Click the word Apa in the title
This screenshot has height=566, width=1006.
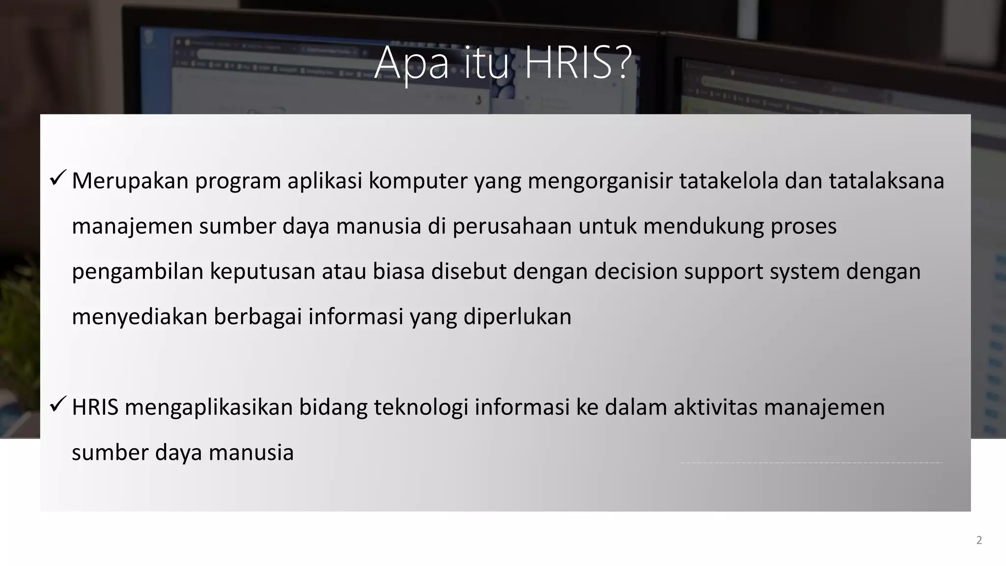pyautogui.click(x=412, y=64)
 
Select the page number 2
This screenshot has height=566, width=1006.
pyautogui.click(x=979, y=540)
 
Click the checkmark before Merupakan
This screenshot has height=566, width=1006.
pyautogui.click(x=58, y=178)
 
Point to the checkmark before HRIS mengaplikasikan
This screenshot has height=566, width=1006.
pyautogui.click(x=58, y=404)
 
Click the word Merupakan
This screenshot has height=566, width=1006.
pyautogui.click(x=130, y=181)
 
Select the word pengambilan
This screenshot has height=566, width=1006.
pyautogui.click(x=138, y=272)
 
